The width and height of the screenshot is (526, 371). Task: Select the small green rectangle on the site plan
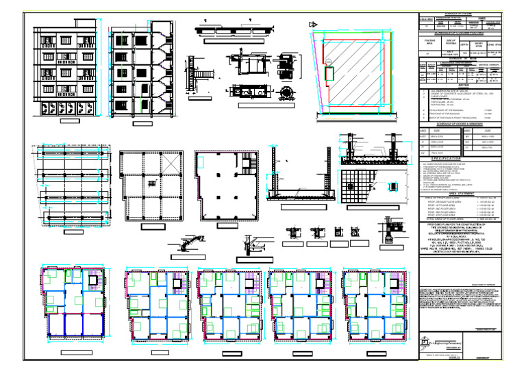[329, 71]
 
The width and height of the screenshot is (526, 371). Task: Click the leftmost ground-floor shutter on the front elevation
[46, 108]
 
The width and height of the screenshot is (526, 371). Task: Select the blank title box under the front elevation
[71, 121]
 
